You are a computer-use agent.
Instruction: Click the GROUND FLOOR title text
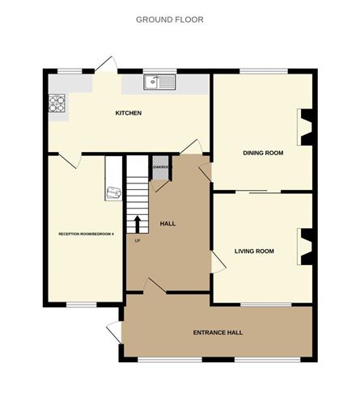click(x=170, y=19)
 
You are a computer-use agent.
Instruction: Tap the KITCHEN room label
click(x=129, y=113)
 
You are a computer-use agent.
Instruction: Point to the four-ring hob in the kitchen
click(x=57, y=103)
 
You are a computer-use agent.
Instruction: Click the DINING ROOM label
click(x=263, y=152)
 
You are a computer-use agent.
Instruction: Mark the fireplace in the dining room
click(x=306, y=127)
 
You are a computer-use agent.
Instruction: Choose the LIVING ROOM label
click(x=254, y=251)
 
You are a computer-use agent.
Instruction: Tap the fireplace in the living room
click(x=306, y=246)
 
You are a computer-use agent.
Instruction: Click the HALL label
click(x=168, y=223)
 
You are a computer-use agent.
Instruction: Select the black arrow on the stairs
click(x=137, y=222)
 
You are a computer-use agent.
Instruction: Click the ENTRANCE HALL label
click(x=218, y=332)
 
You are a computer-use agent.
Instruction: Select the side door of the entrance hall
click(x=114, y=332)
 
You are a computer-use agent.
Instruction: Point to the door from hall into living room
click(x=216, y=261)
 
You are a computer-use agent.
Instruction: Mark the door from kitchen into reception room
click(x=70, y=159)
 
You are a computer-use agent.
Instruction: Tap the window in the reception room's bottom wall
click(x=82, y=304)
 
